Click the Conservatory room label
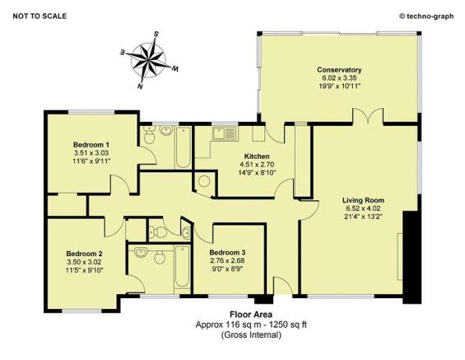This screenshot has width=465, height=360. pos(339,70)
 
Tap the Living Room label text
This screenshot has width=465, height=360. pos(363,200)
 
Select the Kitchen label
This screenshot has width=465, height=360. pos(257,156)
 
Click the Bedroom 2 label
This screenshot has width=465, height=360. pos(84,254)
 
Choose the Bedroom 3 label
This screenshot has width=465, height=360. pos(227,253)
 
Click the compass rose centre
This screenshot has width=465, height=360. pos(148,60)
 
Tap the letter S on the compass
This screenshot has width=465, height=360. pos(156,34)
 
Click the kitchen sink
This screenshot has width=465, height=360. pos(225,133)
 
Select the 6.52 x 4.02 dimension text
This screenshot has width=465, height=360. pos(363,208)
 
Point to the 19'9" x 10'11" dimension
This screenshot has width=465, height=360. pos(339,86)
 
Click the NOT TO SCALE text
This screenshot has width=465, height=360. pos(40,16)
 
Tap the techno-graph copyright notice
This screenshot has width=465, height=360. pos(427,16)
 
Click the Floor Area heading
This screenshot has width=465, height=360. pos(251,314)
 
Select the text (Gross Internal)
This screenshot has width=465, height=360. pos(251,334)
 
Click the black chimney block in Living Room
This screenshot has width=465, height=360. pos(412,257)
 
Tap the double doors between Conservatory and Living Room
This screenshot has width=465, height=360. pos(368,116)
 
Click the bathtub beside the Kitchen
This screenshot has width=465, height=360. pos(183,147)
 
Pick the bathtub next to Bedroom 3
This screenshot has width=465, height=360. pos(182,266)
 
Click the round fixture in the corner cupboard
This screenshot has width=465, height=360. pos(204,181)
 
